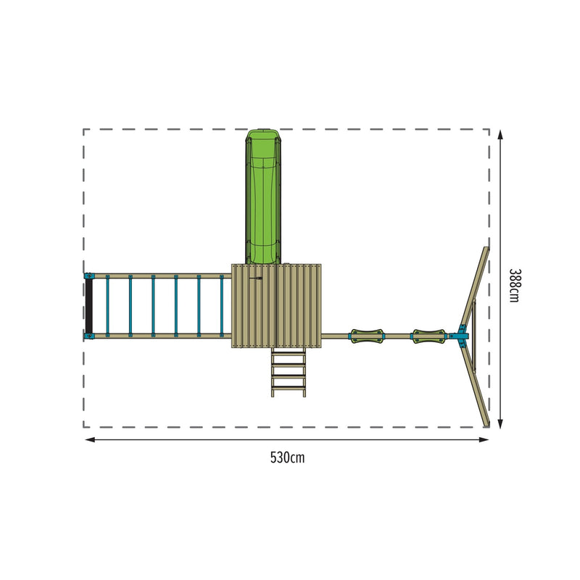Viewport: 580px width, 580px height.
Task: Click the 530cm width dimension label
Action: point(287,457)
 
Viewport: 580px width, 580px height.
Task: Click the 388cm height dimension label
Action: point(514,285)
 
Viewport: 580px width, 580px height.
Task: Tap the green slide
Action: point(263,196)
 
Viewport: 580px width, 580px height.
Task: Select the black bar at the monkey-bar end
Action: point(88,306)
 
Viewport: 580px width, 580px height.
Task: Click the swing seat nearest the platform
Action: point(366,336)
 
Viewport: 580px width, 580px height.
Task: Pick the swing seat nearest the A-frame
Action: point(428,336)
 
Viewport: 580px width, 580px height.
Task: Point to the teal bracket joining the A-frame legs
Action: point(461,336)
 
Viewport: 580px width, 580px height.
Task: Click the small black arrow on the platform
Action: point(256,278)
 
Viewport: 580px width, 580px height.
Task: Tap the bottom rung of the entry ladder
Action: point(289,388)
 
